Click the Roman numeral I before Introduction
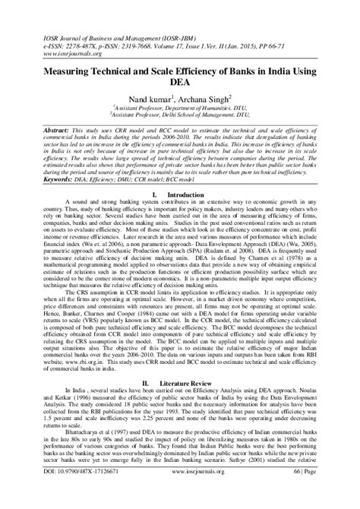[155, 196]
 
